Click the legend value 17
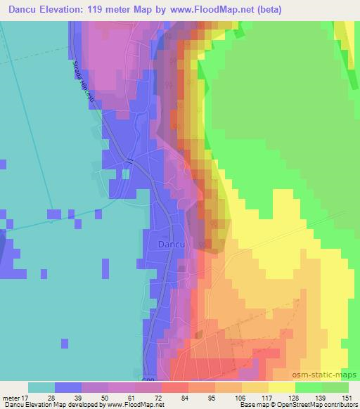[26, 398]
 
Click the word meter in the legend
[11, 398]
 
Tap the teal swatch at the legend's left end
[41, 388]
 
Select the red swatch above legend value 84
[174, 388]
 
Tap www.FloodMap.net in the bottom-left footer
[134, 405]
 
